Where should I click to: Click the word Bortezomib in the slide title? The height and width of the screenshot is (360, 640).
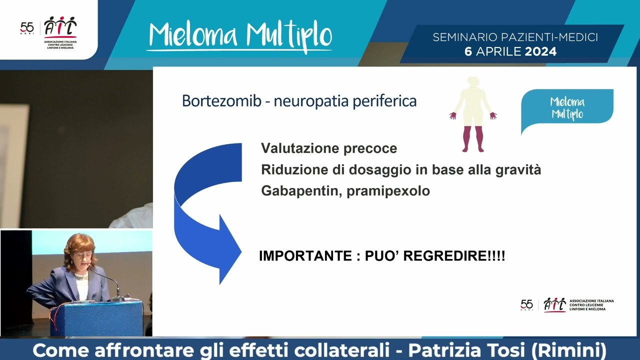tap(221, 101)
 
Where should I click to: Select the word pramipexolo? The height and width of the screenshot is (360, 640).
tap(388, 191)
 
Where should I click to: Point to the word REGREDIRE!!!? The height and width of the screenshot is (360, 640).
tap(454, 256)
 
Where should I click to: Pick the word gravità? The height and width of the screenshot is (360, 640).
tap(518, 170)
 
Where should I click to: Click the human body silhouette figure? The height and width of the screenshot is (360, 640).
tap(472, 114)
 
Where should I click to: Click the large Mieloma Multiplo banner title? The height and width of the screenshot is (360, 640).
tap(240, 36)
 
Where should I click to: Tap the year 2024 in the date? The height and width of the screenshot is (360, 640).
tap(540, 51)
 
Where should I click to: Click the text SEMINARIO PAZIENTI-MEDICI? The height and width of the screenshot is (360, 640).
tap(515, 37)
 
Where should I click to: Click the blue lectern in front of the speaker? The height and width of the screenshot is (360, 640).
tap(96, 318)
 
